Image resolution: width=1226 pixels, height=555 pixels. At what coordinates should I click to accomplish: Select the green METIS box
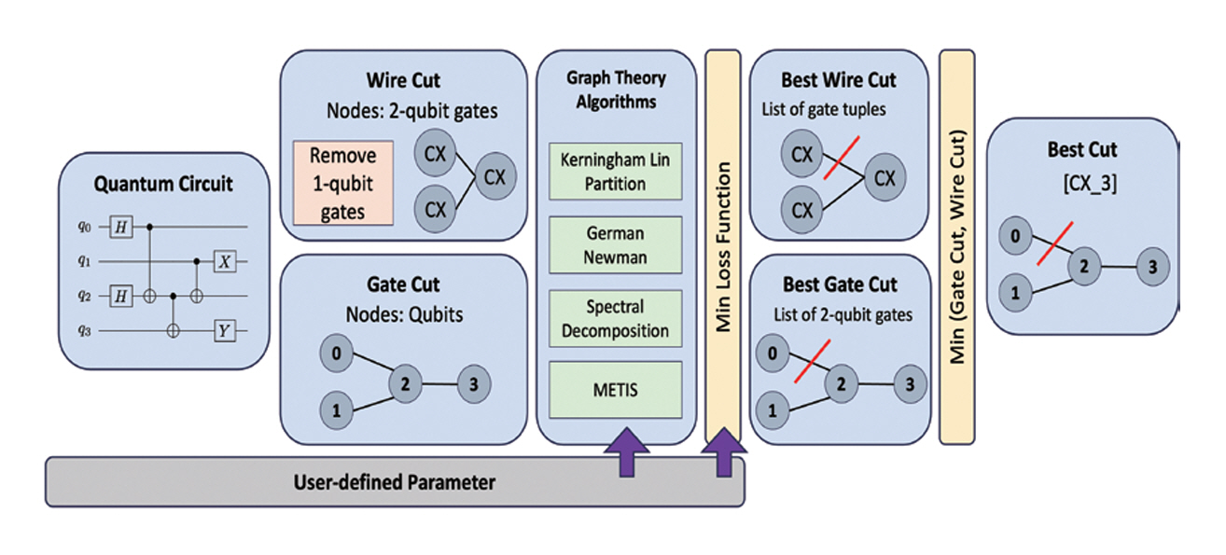(x=615, y=389)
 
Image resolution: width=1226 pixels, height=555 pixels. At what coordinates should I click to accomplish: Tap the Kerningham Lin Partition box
(x=615, y=172)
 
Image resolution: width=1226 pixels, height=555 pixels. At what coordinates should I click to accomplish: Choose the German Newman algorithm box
(x=615, y=244)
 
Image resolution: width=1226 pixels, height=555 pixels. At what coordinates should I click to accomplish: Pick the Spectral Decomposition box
(x=615, y=318)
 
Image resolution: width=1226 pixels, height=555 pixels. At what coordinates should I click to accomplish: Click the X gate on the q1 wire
(x=223, y=261)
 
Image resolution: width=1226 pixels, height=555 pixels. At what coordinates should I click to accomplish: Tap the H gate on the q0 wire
(x=120, y=227)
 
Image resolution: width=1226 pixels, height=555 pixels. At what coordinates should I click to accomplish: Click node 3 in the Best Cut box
(x=1153, y=268)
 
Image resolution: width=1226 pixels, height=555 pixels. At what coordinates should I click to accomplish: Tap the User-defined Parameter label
(x=395, y=482)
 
